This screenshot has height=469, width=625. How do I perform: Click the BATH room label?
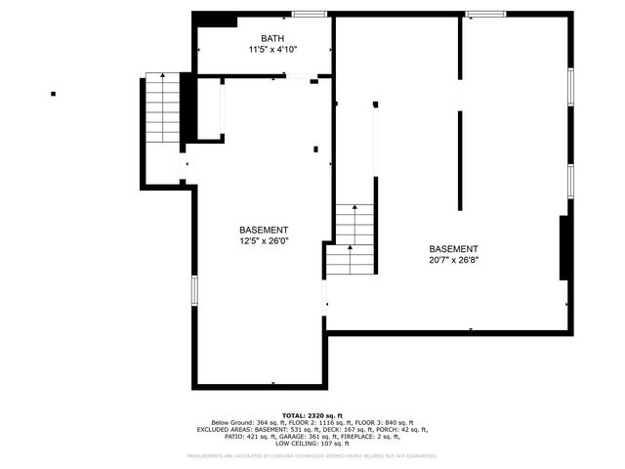[259, 38]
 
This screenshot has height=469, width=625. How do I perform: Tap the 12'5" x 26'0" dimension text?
[264, 240]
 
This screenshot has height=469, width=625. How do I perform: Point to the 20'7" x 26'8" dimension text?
[454, 260]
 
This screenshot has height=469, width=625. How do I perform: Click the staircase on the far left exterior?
[162, 107]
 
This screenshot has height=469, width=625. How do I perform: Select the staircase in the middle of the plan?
[353, 239]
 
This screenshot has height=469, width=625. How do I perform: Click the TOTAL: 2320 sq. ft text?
[312, 414]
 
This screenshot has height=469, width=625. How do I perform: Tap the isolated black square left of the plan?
[53, 94]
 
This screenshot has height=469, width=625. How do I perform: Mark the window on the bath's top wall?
[310, 14]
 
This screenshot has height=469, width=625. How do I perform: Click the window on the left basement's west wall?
[194, 290]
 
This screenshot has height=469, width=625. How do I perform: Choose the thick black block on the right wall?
[563, 249]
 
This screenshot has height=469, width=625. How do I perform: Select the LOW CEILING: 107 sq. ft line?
[312, 443]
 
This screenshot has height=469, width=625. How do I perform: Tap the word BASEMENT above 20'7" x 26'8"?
[454, 249]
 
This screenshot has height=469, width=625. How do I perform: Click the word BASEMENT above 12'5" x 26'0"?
[264, 230]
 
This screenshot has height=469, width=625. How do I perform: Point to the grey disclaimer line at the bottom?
[312, 456]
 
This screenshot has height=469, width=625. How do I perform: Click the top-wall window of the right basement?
[485, 14]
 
